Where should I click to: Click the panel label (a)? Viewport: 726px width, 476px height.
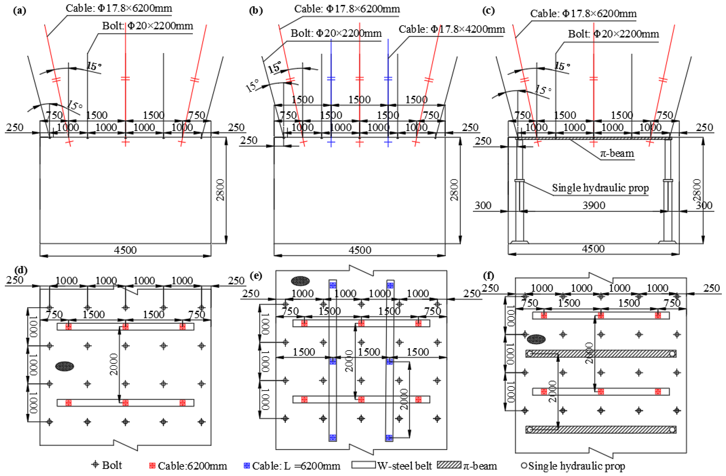pos(20,11)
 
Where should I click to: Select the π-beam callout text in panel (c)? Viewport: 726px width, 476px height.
pos(617,153)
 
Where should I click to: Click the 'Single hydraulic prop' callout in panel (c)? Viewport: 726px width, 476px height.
pos(600,188)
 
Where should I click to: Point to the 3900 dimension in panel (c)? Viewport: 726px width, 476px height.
pos(594,205)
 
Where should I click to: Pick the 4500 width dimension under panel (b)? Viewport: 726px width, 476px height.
pos(360,250)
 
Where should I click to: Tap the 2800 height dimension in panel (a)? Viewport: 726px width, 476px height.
pos(220,190)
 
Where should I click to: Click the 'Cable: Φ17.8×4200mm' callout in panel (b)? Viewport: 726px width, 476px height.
pos(452,29)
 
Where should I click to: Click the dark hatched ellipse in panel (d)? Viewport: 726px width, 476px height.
pos(64,366)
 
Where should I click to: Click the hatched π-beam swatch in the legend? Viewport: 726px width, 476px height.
pos(449,465)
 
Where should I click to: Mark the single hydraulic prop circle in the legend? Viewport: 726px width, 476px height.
pos(524,466)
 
